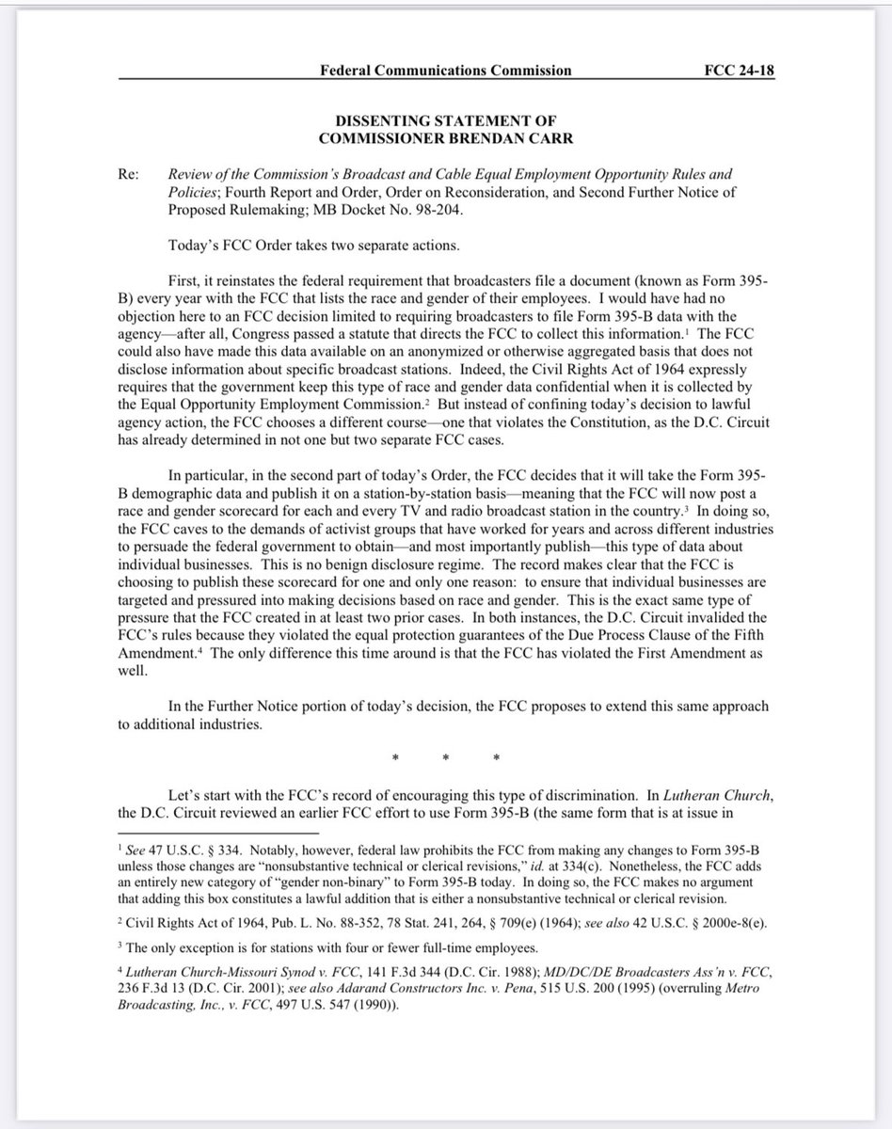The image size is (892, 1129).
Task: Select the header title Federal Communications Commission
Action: [446, 71]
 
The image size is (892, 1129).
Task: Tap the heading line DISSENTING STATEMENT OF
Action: [446, 120]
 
